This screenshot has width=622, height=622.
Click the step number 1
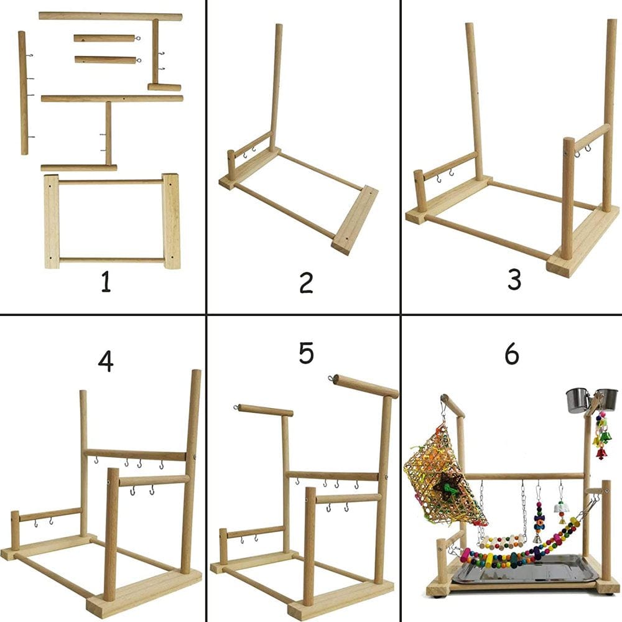coord(106,283)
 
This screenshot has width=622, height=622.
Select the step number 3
coord(514,279)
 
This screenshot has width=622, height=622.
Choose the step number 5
coord(305,352)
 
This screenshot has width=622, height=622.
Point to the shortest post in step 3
coord(420,190)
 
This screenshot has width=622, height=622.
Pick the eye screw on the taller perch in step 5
coord(331,377)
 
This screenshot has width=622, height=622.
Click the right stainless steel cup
coord(606,399)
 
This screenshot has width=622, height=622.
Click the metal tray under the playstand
coord(522,569)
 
